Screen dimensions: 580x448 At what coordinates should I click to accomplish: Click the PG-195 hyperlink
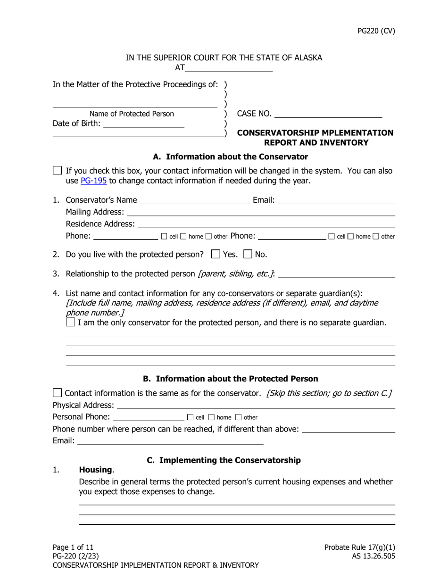pyautogui.click(x=93, y=181)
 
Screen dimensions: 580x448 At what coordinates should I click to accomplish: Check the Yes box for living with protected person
pyautogui.click(x=216, y=254)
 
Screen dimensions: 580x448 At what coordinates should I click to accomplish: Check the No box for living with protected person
pyautogui.click(x=248, y=254)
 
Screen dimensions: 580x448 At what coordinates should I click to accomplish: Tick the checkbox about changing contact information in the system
pyautogui.click(x=58, y=171)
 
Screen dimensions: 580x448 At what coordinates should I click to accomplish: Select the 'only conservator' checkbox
pyautogui.click(x=71, y=323)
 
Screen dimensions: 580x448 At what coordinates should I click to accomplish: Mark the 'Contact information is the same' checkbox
pyautogui.click(x=58, y=393)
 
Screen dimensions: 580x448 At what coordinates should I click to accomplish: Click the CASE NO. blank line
pyautogui.click(x=328, y=114)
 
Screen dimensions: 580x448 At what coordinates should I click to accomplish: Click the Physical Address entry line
pyautogui.click(x=256, y=406)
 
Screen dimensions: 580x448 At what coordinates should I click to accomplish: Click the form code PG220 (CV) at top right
pyautogui.click(x=376, y=31)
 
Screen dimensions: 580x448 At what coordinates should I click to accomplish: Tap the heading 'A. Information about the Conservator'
pyautogui.click(x=231, y=157)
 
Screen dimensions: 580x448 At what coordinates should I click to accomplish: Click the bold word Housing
pyautogui.click(x=96, y=470)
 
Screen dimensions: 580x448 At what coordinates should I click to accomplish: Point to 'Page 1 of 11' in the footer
pyautogui.click(x=73, y=547)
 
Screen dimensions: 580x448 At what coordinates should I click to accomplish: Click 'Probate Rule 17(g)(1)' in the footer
pyautogui.click(x=359, y=547)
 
